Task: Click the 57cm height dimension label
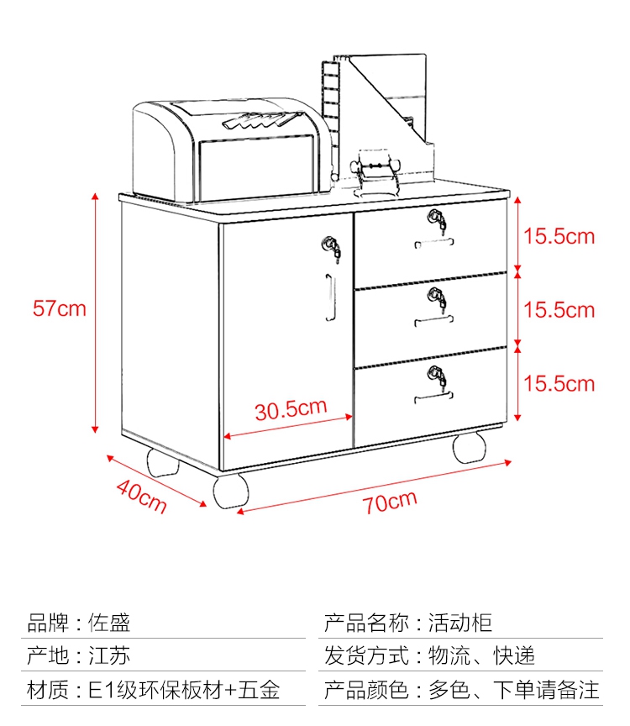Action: [60, 308]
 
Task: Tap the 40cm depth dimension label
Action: [141, 496]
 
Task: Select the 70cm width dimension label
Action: [390, 502]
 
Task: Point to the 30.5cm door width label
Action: [291, 409]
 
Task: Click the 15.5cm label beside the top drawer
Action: [559, 236]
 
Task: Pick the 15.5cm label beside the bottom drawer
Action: [559, 384]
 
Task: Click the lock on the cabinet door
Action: [332, 249]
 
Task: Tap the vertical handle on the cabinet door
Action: [329, 297]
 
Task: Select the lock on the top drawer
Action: [438, 220]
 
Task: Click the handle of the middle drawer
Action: [433, 320]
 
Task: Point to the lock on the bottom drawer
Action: [438, 376]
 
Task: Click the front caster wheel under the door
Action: [230, 491]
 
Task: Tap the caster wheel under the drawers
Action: [470, 447]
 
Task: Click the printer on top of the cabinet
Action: [232, 150]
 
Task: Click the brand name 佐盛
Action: [109, 623]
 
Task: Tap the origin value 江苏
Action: [109, 655]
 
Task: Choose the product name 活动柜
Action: [459, 623]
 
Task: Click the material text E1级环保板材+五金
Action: [184, 690]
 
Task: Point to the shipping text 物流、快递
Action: [481, 655]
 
